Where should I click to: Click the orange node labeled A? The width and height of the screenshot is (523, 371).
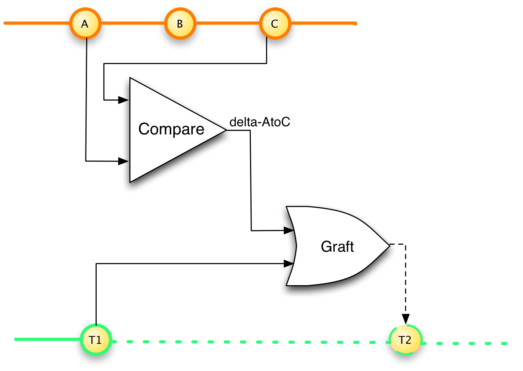[x=85, y=24]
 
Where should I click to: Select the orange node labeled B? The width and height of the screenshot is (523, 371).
[x=180, y=24]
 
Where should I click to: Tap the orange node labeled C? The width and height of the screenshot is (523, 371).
[x=275, y=24]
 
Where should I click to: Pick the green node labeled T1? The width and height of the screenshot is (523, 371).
[x=96, y=340]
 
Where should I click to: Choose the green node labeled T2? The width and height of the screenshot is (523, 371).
[x=405, y=340]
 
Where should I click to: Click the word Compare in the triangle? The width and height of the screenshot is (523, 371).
[x=171, y=129]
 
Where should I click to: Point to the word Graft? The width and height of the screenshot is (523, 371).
[x=337, y=247]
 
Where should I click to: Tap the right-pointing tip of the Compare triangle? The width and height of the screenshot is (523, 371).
[x=224, y=130]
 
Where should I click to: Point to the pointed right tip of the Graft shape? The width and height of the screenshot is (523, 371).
[x=387, y=246]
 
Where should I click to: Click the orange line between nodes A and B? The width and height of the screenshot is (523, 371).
[x=132, y=23]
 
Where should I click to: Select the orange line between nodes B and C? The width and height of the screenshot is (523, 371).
[x=227, y=23]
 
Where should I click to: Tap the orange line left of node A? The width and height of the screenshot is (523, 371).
[x=35, y=23]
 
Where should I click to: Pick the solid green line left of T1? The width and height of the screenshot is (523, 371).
[x=47, y=340]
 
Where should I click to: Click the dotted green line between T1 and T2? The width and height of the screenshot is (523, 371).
[x=248, y=342]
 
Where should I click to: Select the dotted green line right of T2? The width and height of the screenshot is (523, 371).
[x=472, y=343]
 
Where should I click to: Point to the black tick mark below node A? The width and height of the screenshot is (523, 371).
[x=86, y=44]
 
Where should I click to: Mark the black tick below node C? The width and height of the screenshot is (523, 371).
[x=267, y=43]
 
